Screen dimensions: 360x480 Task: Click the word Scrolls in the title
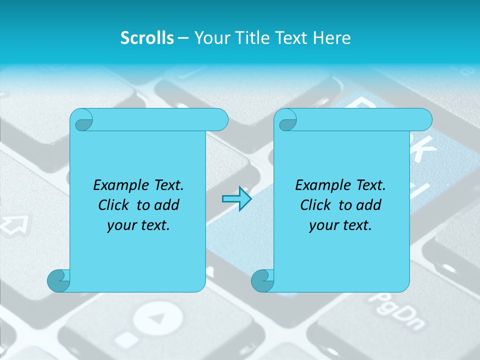(x=147, y=38)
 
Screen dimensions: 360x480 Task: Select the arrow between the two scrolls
(x=236, y=199)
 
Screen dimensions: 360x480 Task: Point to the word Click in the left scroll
(x=114, y=205)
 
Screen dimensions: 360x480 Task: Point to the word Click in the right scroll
(x=316, y=205)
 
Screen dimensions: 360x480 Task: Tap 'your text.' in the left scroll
(x=138, y=225)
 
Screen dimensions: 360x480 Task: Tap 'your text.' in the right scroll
(x=340, y=225)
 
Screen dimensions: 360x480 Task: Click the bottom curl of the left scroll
(x=58, y=280)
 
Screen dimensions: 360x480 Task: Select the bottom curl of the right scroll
(x=262, y=280)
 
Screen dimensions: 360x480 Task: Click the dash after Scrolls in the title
(x=183, y=38)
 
